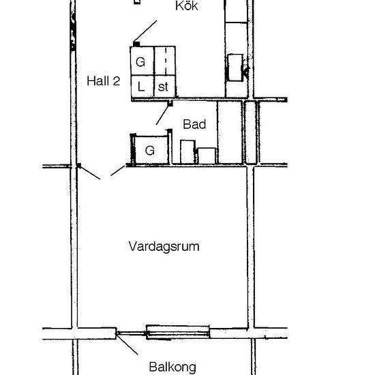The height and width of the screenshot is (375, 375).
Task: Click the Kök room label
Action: [186, 7]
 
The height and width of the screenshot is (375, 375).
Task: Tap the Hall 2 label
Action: [104, 80]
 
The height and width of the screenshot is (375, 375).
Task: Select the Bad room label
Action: [194, 125]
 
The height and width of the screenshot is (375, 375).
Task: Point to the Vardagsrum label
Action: [164, 246]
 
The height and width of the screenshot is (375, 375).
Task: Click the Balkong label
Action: [172, 366]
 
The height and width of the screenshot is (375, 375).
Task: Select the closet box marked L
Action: [141, 87]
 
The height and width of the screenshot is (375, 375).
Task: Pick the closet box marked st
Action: [164, 87]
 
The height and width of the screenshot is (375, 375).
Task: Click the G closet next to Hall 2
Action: [141, 61]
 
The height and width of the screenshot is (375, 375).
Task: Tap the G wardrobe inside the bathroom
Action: [149, 151]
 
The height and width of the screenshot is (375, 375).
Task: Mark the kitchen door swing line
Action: [147, 31]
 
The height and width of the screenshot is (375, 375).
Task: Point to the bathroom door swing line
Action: [162, 115]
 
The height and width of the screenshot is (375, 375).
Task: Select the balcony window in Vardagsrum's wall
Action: [178, 333]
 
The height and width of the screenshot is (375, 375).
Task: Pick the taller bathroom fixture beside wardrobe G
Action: [187, 151]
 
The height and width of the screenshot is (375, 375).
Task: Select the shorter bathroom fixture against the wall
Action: [207, 156]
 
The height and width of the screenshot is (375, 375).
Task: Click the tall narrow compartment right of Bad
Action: [251, 133]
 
